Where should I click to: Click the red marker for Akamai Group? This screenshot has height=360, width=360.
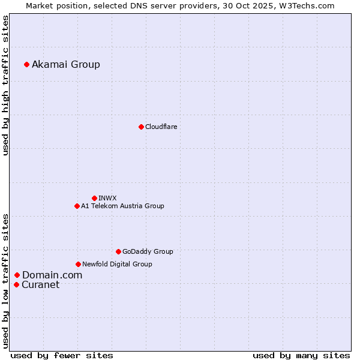(x=26, y=64)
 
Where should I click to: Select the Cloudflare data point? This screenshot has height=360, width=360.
(x=141, y=127)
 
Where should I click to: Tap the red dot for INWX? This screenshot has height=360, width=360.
(x=94, y=198)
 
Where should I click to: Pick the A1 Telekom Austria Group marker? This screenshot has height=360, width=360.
(x=77, y=206)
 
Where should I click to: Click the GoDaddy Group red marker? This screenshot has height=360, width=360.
(x=118, y=251)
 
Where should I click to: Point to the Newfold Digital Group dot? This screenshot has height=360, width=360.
(x=78, y=264)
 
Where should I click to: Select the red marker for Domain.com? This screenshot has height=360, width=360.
(x=17, y=275)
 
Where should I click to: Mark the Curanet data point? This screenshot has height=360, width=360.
(x=16, y=284)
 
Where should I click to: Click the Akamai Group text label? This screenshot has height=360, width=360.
(x=66, y=65)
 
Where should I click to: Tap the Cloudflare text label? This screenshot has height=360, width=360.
(x=161, y=127)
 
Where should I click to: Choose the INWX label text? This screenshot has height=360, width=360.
(x=107, y=198)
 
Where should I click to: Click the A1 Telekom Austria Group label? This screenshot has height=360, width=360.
(x=122, y=206)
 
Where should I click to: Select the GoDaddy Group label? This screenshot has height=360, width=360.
(x=148, y=252)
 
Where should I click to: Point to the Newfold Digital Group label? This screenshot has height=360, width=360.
(x=117, y=264)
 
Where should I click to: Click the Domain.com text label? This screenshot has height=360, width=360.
(x=52, y=275)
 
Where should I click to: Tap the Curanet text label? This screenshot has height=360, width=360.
(x=41, y=285)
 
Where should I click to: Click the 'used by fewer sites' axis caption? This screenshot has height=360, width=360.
(x=62, y=355)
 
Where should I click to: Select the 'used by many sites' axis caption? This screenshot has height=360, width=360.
(x=301, y=355)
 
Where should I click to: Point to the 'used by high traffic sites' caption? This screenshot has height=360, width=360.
(x=5, y=85)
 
